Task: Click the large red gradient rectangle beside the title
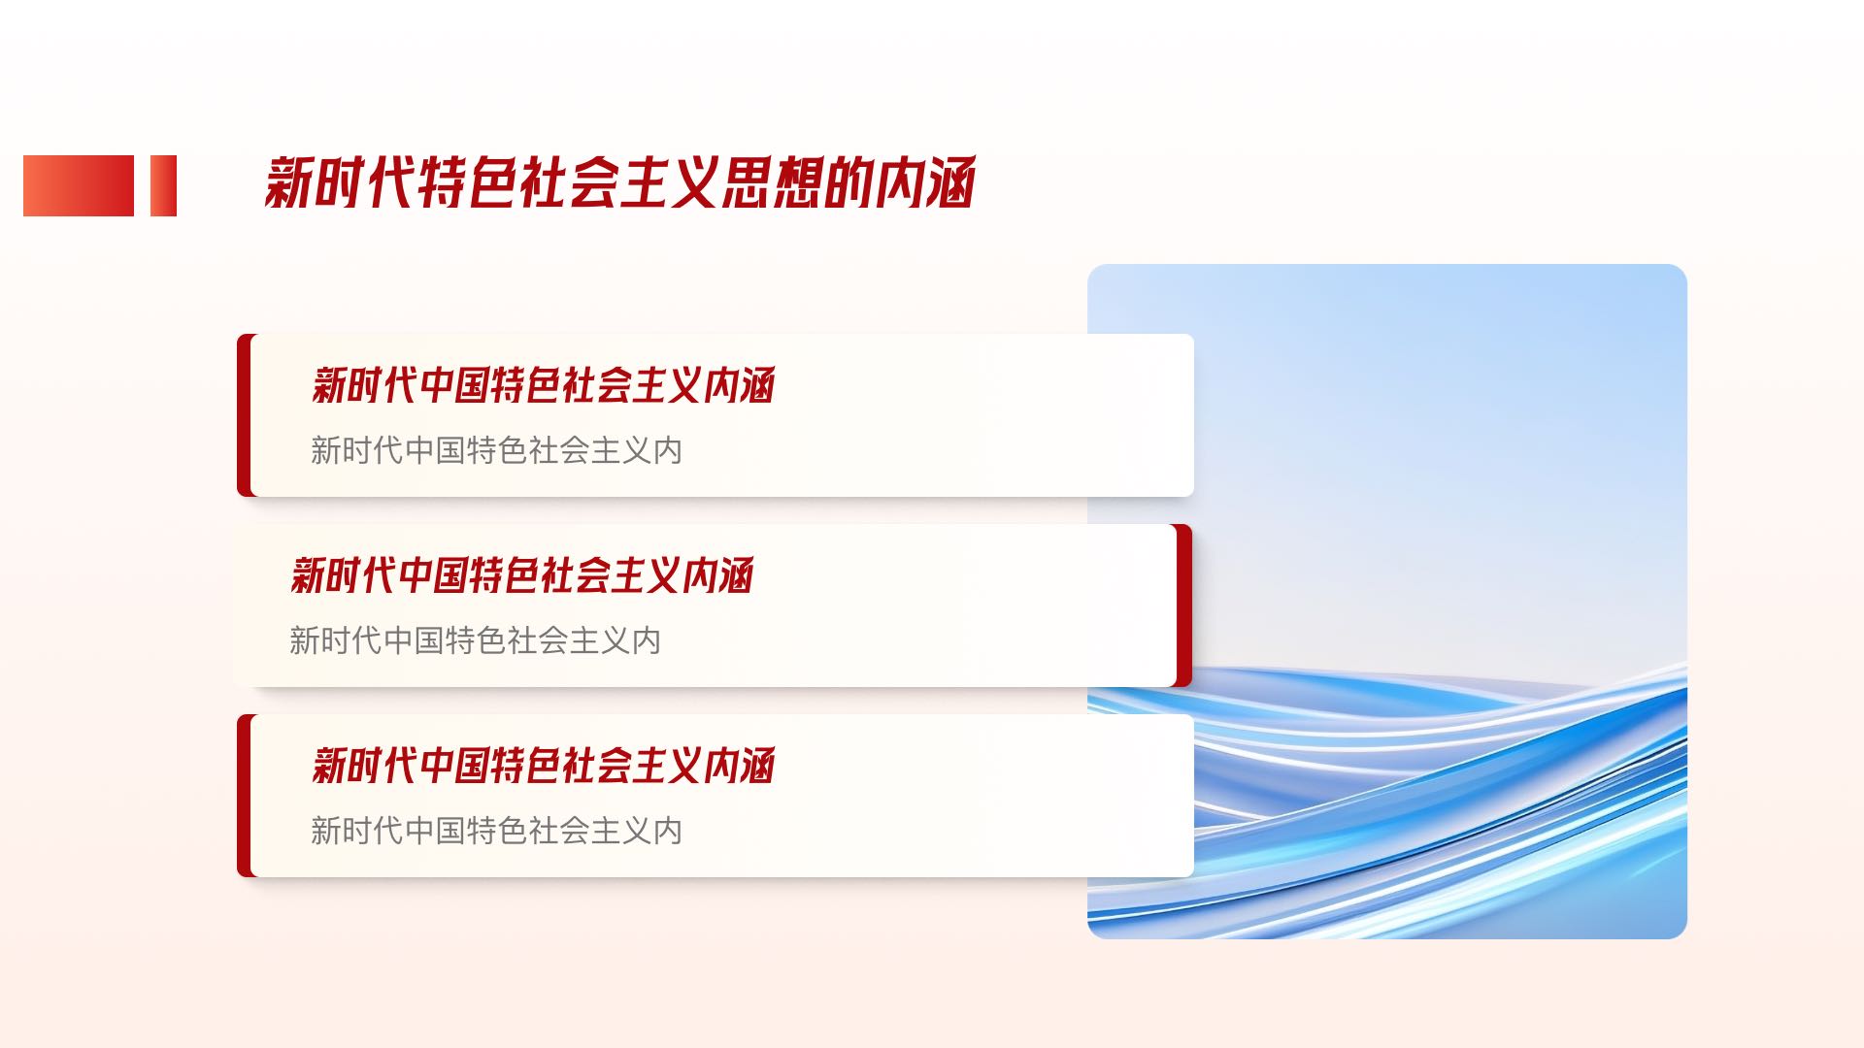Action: (x=79, y=185)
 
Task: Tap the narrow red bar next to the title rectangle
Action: (x=163, y=185)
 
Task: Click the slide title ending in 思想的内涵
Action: (x=619, y=182)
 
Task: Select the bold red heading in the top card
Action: (x=543, y=385)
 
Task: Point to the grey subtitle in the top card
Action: (x=496, y=450)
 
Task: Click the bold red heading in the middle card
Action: (x=521, y=575)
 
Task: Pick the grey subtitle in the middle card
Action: (x=475, y=640)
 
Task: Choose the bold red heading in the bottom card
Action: (x=543, y=766)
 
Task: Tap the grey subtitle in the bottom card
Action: (x=496, y=831)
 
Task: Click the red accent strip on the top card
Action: (x=245, y=415)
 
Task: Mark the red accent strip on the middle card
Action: (x=1183, y=606)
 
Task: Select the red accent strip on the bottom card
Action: (x=245, y=796)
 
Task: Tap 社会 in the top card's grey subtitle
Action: (x=559, y=450)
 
